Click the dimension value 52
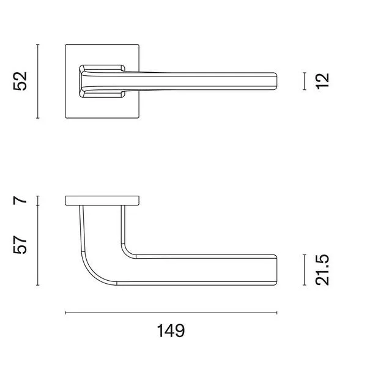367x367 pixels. (20, 81)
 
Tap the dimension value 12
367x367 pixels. (322, 81)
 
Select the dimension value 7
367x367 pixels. (20, 201)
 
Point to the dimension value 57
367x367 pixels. (20, 245)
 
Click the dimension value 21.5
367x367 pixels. (322, 270)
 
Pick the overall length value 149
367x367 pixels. (171, 331)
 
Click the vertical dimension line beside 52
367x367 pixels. (38, 81)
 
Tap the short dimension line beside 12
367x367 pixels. (304, 81)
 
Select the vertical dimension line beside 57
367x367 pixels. (38, 245)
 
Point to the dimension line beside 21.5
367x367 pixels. (304, 270)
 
